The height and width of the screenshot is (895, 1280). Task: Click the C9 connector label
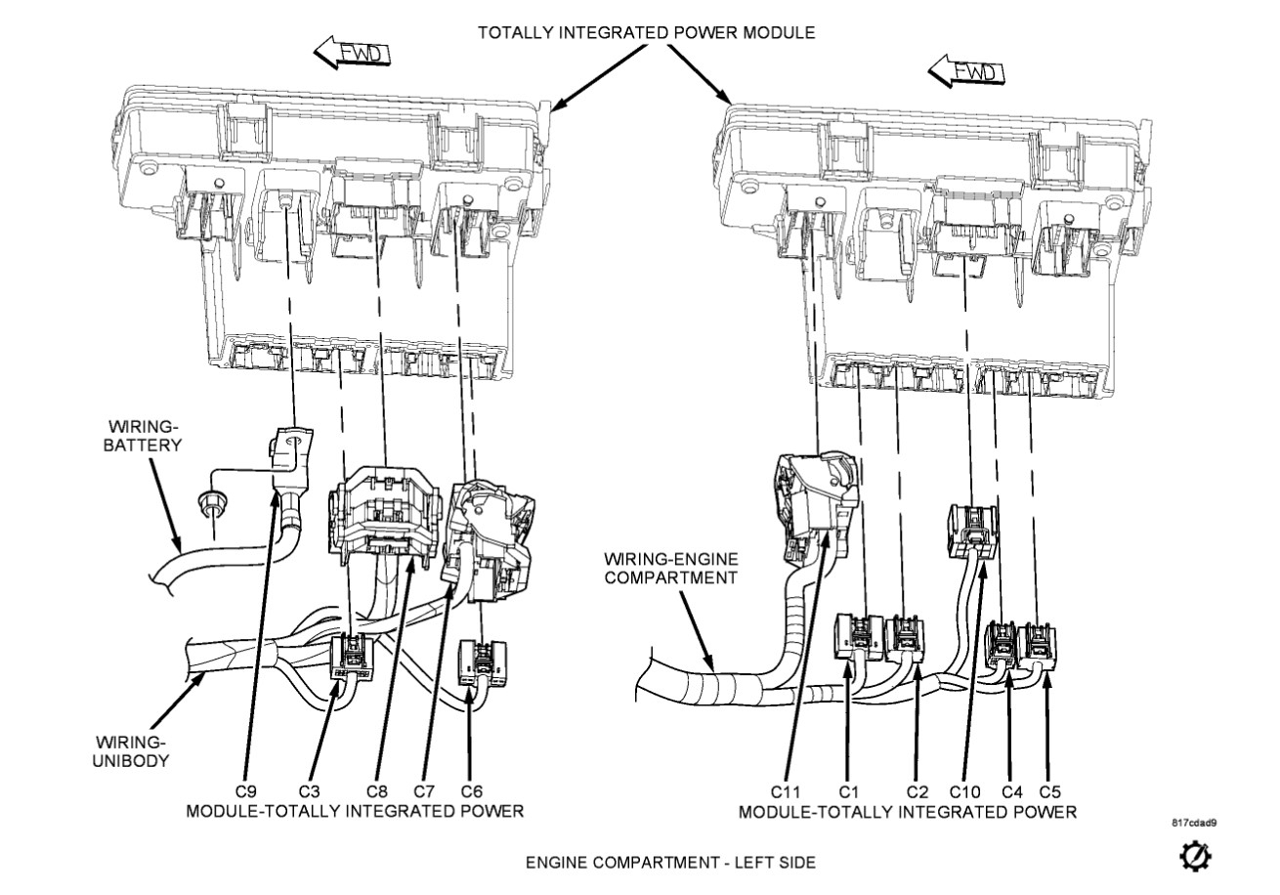tap(246, 790)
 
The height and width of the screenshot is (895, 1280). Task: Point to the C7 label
tap(423, 790)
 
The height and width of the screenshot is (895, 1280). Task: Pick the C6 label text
tap(471, 790)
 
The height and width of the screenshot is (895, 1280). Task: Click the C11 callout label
tap(787, 790)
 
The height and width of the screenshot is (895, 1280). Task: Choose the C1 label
tap(848, 790)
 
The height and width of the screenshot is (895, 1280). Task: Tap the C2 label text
tap(916, 790)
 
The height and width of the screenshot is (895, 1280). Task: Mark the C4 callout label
tap(1009, 790)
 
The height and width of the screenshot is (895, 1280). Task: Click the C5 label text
tap(1049, 790)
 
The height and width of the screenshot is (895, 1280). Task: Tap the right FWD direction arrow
tap(965, 71)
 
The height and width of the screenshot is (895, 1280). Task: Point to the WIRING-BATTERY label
tap(145, 437)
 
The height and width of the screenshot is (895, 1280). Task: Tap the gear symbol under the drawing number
tap(1196, 855)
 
